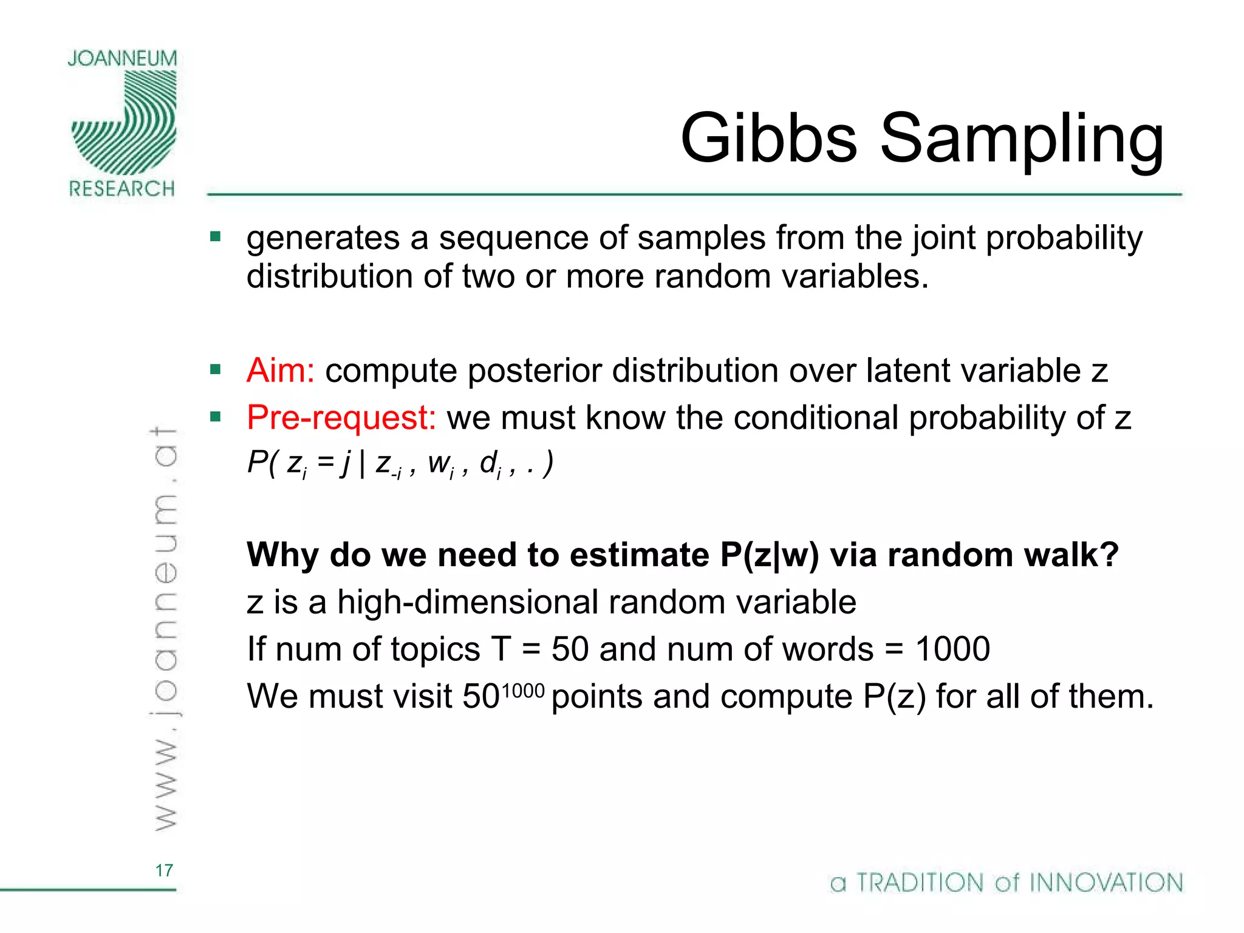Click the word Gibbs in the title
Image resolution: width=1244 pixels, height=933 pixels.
coord(768,138)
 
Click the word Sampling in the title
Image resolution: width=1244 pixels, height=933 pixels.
coord(1022,141)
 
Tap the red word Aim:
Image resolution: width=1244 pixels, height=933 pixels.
coord(280,370)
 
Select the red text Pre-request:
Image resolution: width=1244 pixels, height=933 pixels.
coord(341,417)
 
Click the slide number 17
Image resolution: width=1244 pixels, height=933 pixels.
coord(164,870)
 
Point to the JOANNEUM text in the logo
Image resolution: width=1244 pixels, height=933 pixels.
coord(122,58)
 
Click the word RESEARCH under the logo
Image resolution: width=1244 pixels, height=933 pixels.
coord(121,189)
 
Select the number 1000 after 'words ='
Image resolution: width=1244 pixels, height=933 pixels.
coord(952,649)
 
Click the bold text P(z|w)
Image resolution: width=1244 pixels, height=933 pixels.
coord(770,555)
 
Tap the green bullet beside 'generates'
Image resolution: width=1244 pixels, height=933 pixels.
coord(216,236)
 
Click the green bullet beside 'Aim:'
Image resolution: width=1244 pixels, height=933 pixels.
coord(216,369)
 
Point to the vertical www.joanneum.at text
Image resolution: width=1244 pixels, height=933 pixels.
coord(164,629)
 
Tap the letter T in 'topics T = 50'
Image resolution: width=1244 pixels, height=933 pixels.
coord(502,649)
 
